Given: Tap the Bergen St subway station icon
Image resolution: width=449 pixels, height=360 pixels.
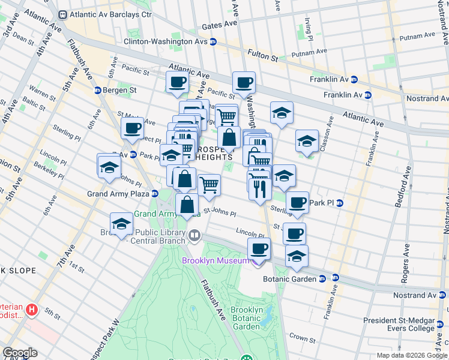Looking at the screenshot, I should click(97, 91).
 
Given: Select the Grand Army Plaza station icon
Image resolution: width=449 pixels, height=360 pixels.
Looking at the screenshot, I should click(155, 194).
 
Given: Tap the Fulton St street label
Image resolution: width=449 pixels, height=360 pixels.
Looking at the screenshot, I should click(261, 59).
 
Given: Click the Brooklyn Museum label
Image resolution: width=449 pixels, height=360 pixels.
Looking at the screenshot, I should click(219, 260).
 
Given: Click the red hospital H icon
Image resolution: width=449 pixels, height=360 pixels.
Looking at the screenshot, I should click(32, 310).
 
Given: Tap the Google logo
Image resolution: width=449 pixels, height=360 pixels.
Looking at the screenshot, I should click(19, 353).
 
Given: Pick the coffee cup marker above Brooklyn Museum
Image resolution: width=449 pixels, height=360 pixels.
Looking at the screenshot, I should click(259, 248).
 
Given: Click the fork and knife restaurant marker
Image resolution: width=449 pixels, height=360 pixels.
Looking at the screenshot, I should click(259, 189).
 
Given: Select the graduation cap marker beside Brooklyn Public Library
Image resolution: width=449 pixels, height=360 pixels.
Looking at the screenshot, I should click(121, 224).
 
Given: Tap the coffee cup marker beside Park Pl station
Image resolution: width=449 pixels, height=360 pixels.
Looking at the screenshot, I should click(297, 202).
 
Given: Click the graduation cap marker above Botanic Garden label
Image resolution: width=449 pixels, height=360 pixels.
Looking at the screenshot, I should click(297, 255).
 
